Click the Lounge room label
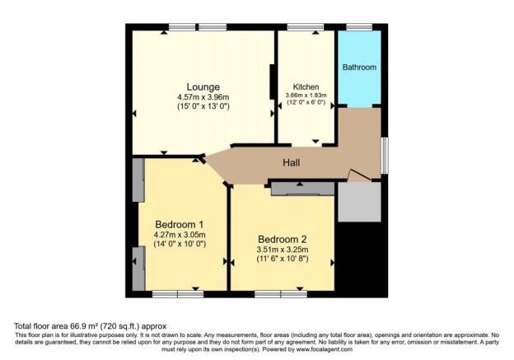click(x=202, y=86)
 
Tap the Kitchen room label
click(x=306, y=86)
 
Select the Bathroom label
click(x=359, y=67)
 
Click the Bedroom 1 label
click(x=179, y=224)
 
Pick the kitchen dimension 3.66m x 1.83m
click(x=306, y=96)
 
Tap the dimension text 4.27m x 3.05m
click(x=179, y=235)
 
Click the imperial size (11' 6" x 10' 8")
click(x=283, y=262)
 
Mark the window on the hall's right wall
click(x=384, y=156)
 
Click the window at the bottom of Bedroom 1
click(x=178, y=294)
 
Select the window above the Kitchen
click(x=305, y=28)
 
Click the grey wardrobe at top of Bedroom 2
click(x=302, y=189)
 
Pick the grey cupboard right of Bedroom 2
click(x=359, y=203)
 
